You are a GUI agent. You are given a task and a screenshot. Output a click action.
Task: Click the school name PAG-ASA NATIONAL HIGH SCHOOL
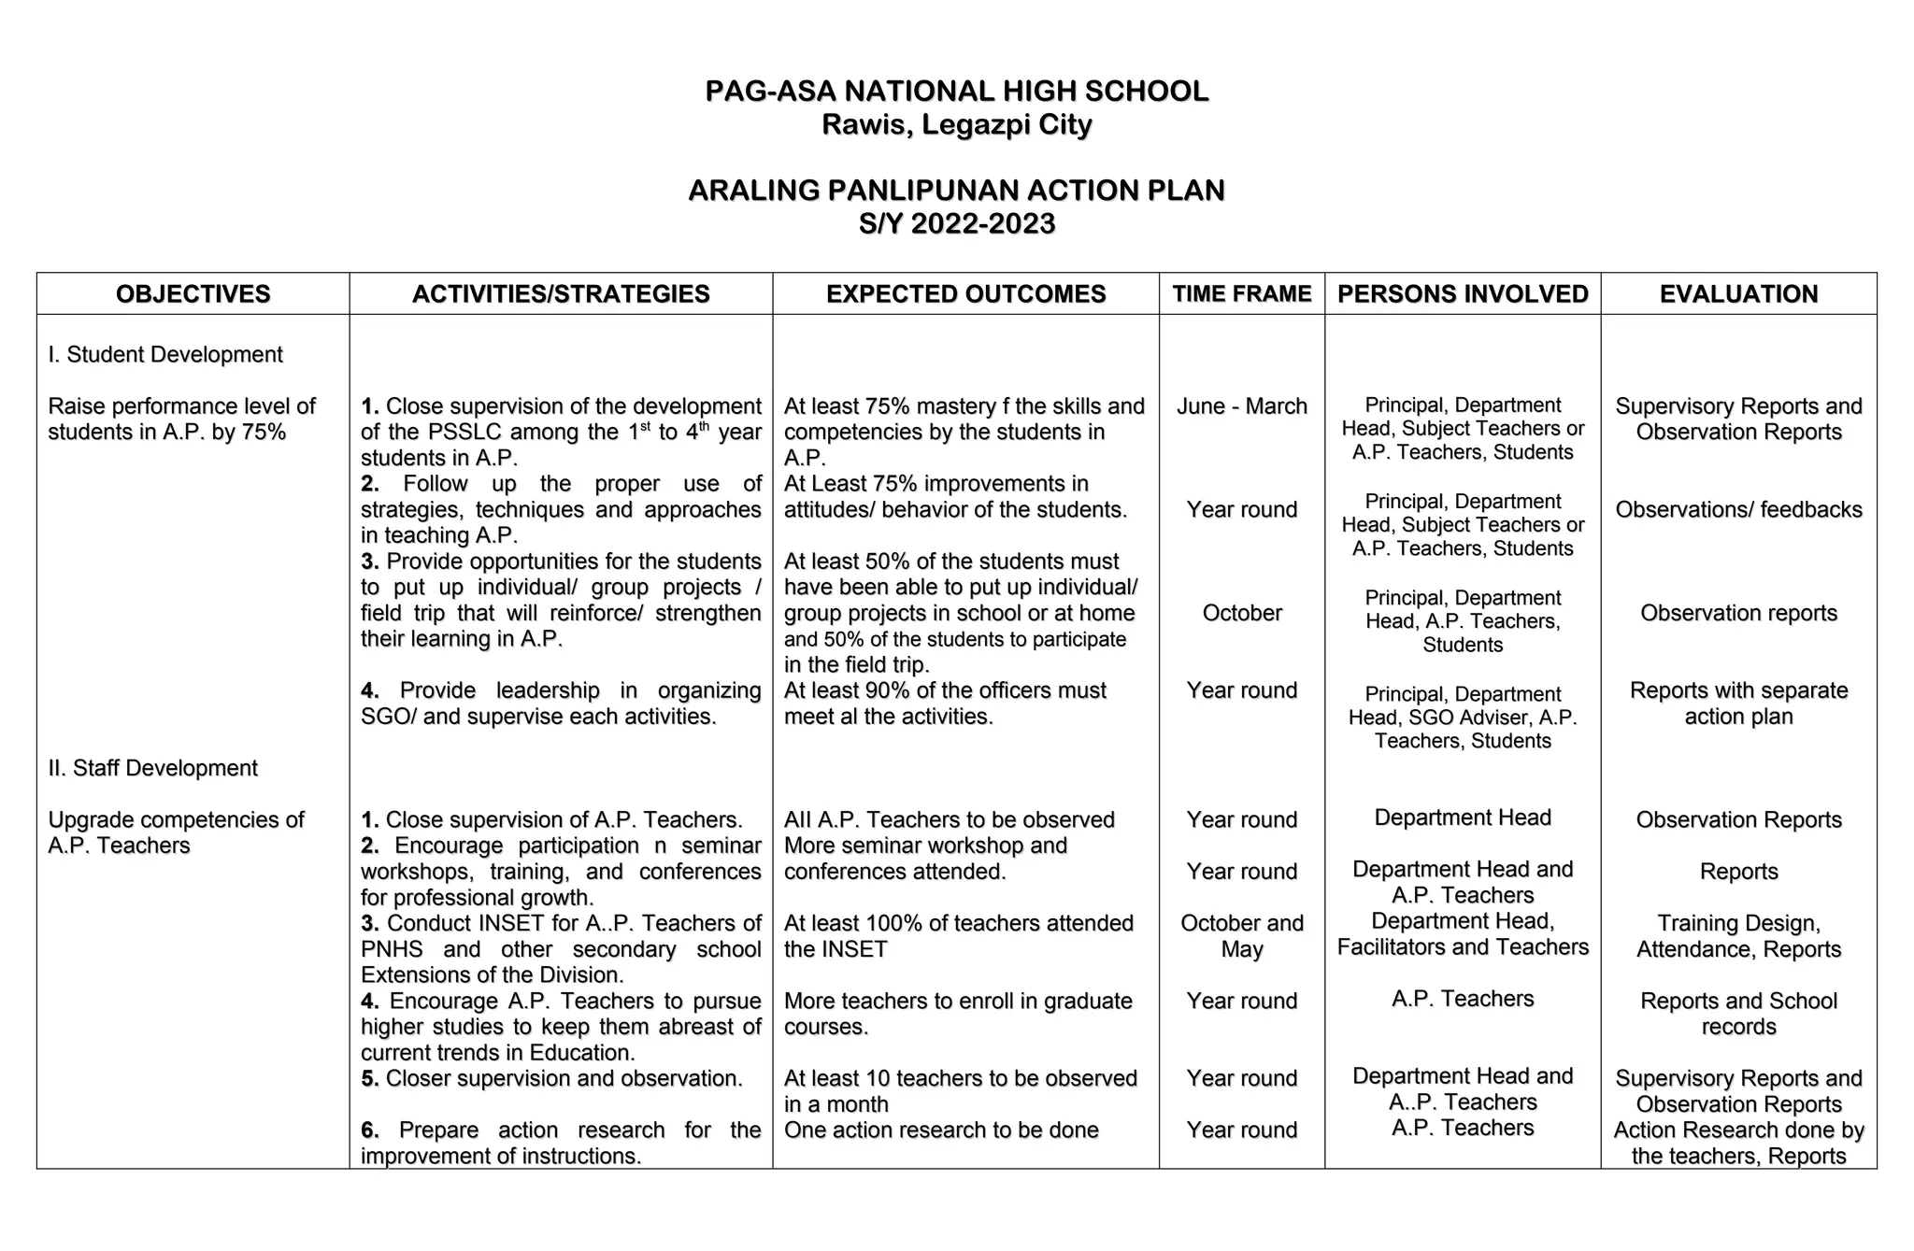pyautogui.click(x=956, y=92)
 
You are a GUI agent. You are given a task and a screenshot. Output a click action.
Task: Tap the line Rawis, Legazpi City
pyautogui.click(x=956, y=125)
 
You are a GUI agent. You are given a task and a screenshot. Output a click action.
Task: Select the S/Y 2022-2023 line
pyautogui.click(x=956, y=224)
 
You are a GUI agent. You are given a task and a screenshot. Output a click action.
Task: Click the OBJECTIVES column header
pyautogui.click(x=193, y=294)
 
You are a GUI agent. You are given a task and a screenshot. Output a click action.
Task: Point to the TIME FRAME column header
pyautogui.click(x=1241, y=294)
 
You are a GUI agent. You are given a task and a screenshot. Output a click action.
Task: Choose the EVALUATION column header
pyautogui.click(x=1738, y=294)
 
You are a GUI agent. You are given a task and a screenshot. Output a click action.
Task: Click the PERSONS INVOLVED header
pyautogui.click(x=1463, y=294)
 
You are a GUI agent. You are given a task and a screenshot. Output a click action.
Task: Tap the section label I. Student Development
pyautogui.click(x=165, y=355)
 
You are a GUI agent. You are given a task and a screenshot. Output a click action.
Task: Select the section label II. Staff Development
pyautogui.click(x=152, y=768)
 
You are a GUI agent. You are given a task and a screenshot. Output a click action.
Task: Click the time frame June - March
pyautogui.click(x=1241, y=406)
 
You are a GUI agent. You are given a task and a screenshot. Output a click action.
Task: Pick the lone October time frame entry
pyautogui.click(x=1241, y=613)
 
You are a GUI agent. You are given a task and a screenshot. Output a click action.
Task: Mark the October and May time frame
pyautogui.click(x=1241, y=936)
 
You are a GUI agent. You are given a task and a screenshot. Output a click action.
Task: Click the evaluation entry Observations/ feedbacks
pyautogui.click(x=1738, y=510)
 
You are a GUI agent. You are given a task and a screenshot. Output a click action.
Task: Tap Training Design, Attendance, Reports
pyautogui.click(x=1738, y=936)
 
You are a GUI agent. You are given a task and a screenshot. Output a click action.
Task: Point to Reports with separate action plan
pyautogui.click(x=1738, y=704)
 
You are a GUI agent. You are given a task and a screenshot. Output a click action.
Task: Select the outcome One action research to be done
pyautogui.click(x=941, y=1130)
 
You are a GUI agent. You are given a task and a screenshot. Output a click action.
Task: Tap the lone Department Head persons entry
pyautogui.click(x=1463, y=818)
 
